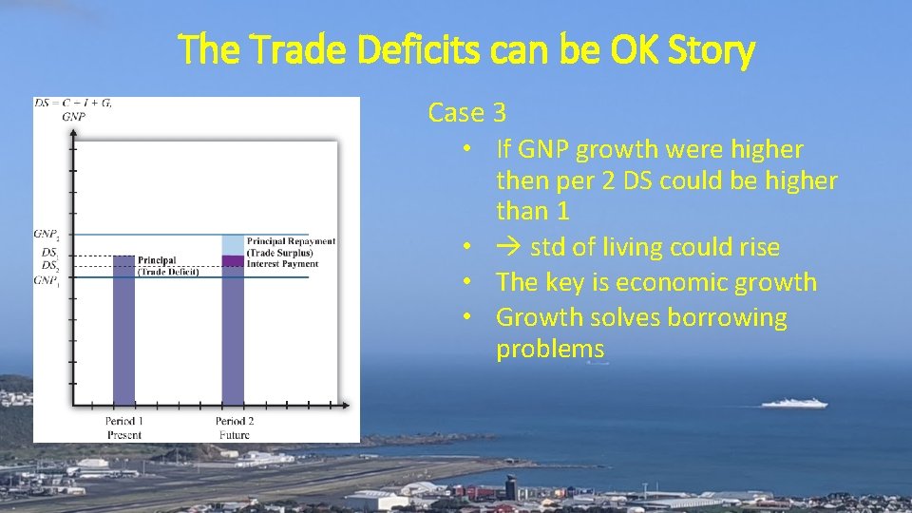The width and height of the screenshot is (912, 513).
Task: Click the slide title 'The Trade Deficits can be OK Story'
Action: tap(467, 49)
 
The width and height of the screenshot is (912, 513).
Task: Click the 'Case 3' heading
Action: tap(466, 113)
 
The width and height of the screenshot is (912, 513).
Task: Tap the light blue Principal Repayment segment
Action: tap(233, 244)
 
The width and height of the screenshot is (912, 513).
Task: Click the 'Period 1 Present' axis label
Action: tap(124, 427)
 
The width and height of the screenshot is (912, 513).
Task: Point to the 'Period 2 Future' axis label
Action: tap(234, 427)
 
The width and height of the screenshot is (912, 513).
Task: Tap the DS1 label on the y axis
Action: tap(49, 253)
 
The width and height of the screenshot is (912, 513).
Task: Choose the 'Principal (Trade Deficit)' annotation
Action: tap(168, 266)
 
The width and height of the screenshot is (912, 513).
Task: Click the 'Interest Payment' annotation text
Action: tap(282, 264)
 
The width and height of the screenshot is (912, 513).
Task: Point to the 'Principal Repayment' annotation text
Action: tap(290, 241)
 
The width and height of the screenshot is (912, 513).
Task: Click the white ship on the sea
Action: tap(794, 403)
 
